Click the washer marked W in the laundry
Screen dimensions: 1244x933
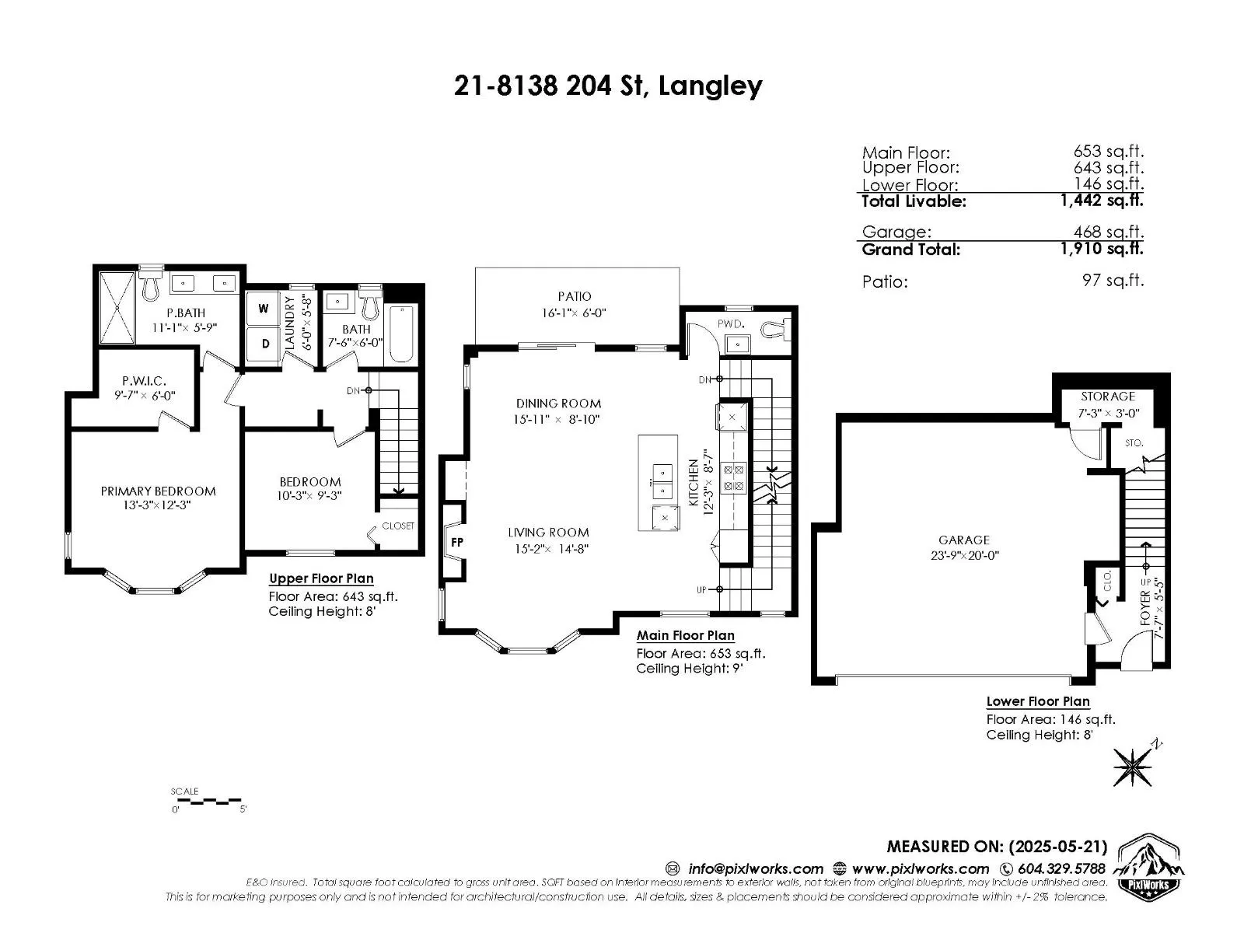[263, 308]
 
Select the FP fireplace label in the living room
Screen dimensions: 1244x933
[457, 542]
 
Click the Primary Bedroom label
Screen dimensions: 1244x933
[158, 491]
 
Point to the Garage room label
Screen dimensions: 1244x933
[964, 540]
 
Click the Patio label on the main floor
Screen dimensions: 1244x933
[575, 296]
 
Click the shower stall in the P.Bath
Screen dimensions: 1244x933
[117, 308]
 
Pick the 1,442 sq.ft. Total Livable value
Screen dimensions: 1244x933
[1102, 200]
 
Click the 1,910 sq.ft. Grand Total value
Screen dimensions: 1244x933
[1102, 248]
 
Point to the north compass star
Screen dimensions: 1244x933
[1133, 767]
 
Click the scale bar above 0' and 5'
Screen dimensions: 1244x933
[206, 801]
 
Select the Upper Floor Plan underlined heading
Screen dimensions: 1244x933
[321, 578]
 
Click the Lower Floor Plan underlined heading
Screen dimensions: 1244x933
[1038, 701]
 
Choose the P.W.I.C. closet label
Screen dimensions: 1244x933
[144, 381]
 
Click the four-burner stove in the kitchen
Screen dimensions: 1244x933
[733, 477]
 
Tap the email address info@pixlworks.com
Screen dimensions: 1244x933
[756, 868]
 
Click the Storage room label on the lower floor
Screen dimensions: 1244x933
[1108, 397]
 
